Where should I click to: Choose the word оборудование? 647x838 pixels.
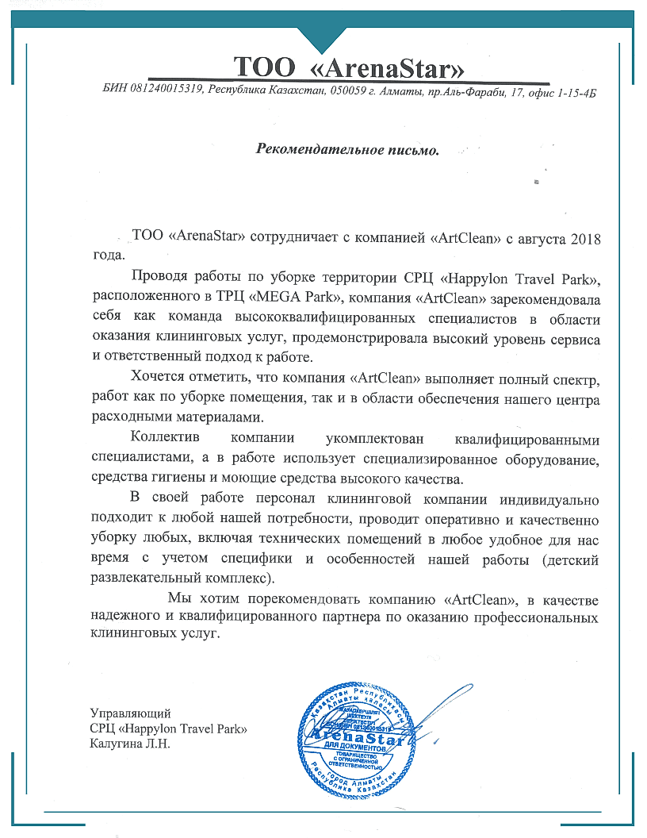(x=551, y=460)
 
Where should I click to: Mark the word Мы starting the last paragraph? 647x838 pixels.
(x=178, y=598)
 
